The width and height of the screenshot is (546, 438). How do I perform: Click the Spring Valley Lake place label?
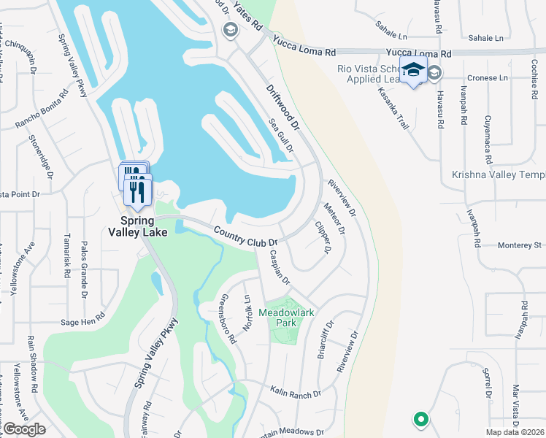tap(139, 226)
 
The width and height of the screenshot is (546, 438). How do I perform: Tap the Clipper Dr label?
tap(323, 237)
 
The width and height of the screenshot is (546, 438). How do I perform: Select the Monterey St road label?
tap(520, 245)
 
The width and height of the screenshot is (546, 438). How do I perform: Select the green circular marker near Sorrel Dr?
tap(420, 420)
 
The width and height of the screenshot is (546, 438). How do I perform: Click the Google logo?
tap(23, 429)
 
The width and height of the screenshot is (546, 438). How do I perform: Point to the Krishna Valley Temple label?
tap(499, 174)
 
